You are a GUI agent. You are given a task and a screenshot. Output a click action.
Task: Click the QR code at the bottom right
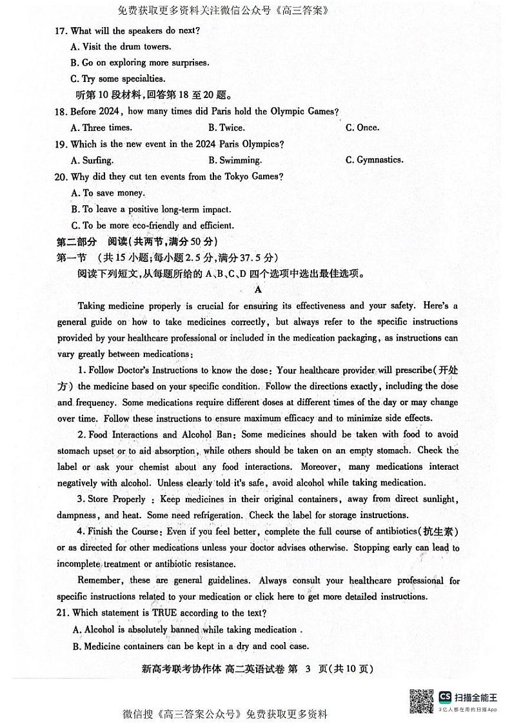pyautogui.click(x=422, y=701)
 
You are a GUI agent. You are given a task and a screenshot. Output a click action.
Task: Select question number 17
pyautogui.click(x=61, y=31)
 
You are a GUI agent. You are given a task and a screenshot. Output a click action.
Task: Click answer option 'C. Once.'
pyautogui.click(x=362, y=128)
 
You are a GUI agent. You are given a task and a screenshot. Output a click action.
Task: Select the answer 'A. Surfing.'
pyautogui.click(x=92, y=160)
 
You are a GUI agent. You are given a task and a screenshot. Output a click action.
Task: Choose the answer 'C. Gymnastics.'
pyautogui.click(x=375, y=160)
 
